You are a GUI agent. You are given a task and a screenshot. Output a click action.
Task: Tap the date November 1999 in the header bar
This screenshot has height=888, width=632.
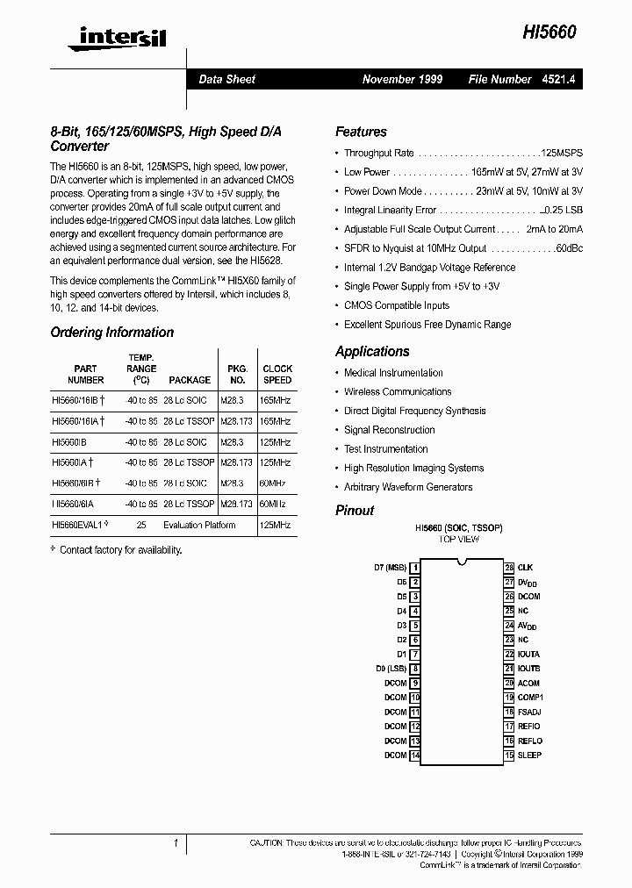point(402,79)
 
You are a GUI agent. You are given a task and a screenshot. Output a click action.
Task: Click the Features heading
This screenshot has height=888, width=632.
point(361,132)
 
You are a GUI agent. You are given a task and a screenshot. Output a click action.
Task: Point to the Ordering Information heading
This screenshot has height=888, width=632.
point(111,333)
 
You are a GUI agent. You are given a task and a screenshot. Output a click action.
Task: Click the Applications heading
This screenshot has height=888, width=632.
point(372,351)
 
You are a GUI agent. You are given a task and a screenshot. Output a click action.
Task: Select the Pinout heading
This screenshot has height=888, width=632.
point(355,510)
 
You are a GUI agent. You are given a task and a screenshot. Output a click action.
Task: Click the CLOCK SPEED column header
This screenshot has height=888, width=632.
point(277,375)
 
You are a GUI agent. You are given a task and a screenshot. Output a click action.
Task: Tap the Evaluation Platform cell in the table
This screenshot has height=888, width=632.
point(199,525)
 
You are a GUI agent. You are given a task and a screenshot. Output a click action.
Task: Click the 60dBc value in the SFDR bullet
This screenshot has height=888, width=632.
point(569,248)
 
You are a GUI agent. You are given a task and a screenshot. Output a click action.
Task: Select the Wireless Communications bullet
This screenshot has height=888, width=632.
point(398,392)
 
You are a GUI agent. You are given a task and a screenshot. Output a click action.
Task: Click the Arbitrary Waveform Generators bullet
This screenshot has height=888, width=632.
point(408,487)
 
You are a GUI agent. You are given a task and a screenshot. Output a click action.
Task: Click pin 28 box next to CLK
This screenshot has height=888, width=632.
point(509,568)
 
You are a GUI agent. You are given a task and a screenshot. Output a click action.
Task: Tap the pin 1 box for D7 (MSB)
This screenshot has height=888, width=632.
point(415,568)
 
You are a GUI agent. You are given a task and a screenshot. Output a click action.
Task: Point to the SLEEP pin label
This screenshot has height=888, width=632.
point(529,755)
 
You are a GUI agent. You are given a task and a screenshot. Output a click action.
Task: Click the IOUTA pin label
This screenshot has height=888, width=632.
point(528,655)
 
